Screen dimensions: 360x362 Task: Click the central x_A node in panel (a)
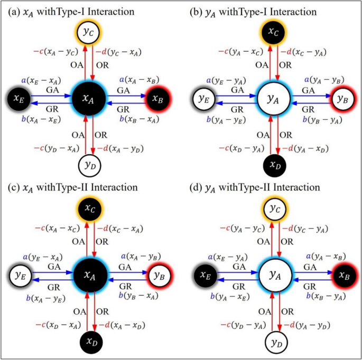(92, 98)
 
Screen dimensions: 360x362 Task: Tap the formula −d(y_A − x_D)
(306, 149)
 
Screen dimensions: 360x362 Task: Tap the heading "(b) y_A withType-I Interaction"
(253, 12)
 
